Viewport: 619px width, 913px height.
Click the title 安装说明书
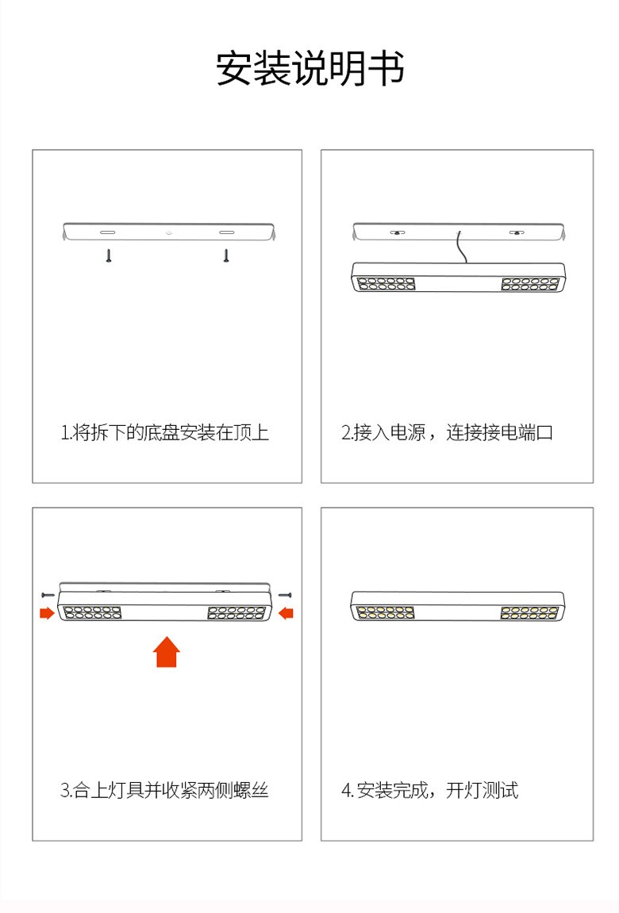[309, 69]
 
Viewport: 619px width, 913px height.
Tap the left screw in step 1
[108, 255]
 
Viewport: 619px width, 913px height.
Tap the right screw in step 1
[226, 255]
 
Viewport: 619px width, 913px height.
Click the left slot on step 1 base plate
[108, 232]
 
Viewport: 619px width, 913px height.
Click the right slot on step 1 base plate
[226, 232]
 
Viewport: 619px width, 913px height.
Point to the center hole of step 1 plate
[169, 232]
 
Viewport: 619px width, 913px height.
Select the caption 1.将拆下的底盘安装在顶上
[165, 432]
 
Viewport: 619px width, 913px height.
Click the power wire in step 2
[462, 248]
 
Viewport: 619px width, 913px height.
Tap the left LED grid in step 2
[386, 284]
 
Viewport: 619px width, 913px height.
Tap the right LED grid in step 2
[530, 284]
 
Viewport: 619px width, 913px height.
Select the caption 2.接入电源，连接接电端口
[447, 432]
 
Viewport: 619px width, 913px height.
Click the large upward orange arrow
[167, 651]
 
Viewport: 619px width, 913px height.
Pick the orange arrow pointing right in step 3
[47, 612]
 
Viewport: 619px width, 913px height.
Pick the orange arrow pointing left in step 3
[286, 612]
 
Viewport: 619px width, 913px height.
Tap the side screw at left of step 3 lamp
[48, 595]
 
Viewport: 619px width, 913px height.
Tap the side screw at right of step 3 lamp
[285, 595]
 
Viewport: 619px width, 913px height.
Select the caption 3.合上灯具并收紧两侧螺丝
[164, 790]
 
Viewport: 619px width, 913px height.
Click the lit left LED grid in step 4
[385, 612]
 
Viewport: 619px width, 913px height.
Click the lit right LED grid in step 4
[529, 612]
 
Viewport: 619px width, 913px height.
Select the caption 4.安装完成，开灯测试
[430, 790]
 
